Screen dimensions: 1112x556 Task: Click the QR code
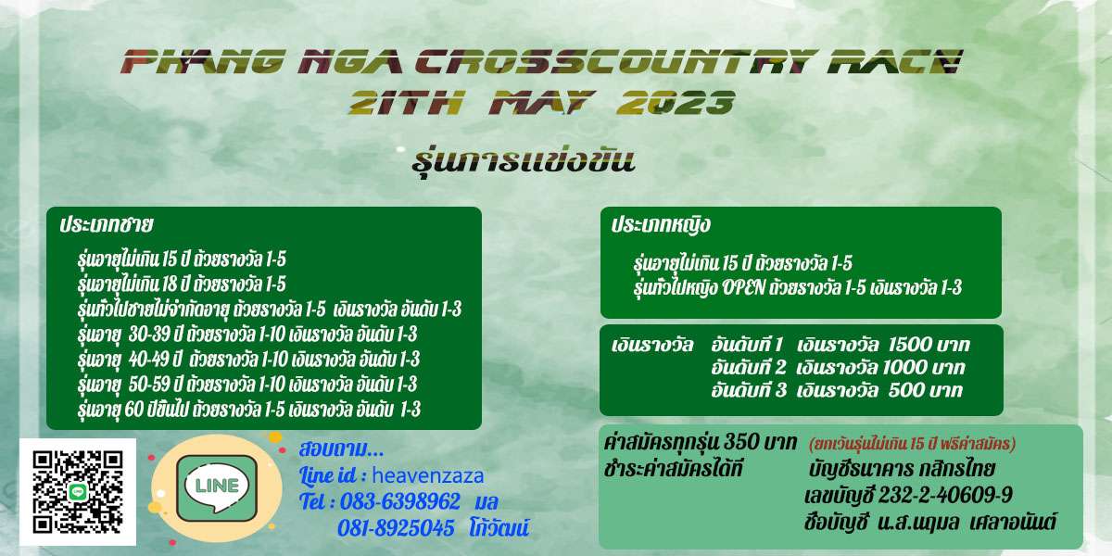click(78, 492)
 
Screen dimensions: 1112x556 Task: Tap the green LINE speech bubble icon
click(217, 487)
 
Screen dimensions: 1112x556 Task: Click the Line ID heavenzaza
click(427, 475)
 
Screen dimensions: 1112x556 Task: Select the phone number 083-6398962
click(400, 501)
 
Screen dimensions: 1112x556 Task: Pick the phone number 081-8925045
click(397, 527)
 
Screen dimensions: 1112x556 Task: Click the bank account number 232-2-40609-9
click(946, 495)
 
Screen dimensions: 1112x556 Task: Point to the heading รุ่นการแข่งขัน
click(524, 162)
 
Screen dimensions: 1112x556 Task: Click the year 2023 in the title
click(676, 103)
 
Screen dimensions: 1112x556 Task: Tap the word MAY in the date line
click(541, 103)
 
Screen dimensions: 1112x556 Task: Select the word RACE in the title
click(895, 61)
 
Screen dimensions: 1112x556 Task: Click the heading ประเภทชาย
click(107, 224)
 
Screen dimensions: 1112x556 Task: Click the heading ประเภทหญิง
click(661, 224)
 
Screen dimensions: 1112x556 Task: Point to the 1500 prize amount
click(907, 345)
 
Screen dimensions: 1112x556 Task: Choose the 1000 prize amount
click(904, 367)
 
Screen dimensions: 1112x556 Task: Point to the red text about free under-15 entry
click(912, 443)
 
